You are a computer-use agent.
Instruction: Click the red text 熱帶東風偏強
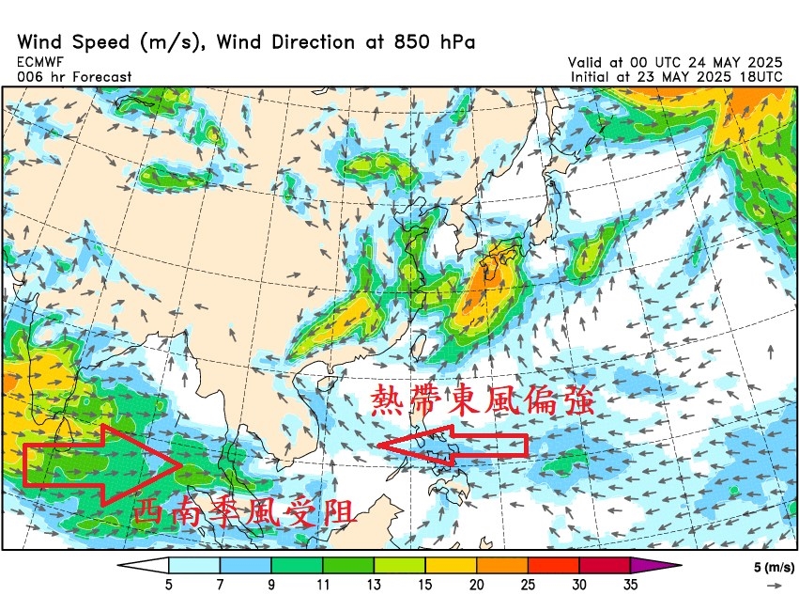tap(483, 400)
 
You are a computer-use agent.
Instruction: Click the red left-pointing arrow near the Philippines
tap(452, 446)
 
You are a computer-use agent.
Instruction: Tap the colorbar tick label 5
tap(170, 585)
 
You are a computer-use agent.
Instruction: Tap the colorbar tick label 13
tap(374, 585)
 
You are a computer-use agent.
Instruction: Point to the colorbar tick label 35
tap(630, 585)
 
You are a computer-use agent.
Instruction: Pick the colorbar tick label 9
tap(271, 585)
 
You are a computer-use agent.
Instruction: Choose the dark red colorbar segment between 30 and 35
tap(605, 565)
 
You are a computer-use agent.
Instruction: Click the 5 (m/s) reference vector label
tap(774, 568)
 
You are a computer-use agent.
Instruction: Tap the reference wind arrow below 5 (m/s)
tap(774, 585)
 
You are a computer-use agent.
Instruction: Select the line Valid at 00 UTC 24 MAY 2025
tap(675, 61)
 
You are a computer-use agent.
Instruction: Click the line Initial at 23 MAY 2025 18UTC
tap(675, 76)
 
